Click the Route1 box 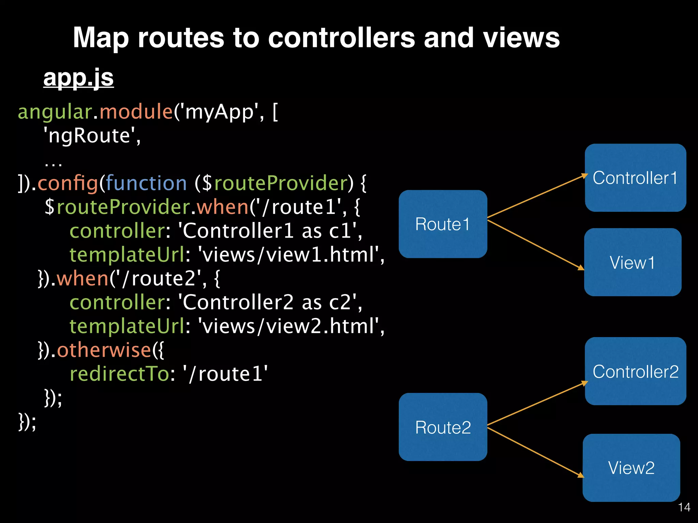click(442, 224)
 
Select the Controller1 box click(635, 178)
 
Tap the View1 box click(633, 262)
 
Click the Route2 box click(442, 427)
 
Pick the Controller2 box click(635, 371)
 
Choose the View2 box click(631, 467)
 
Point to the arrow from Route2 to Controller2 click(536, 404)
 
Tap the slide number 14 click(684, 507)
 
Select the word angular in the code click(55, 112)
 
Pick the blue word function click(146, 183)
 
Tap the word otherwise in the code click(104, 350)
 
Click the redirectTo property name click(119, 374)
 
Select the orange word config click(67, 183)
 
